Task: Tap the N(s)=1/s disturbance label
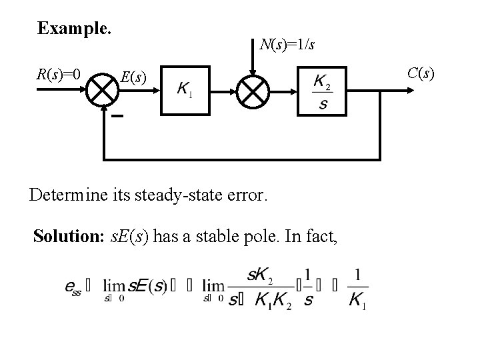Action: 287,45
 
